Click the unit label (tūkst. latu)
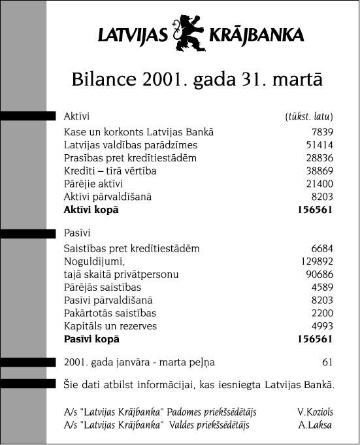[x=309, y=117]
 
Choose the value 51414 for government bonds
[x=319, y=145]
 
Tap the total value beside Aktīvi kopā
[x=315, y=210]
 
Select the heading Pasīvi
[x=77, y=233]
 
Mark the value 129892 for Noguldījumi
[x=317, y=261]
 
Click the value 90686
[x=319, y=274]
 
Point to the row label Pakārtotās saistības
[x=110, y=314]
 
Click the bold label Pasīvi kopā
[x=91, y=339]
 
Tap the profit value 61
[x=328, y=361]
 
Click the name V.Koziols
[x=314, y=412]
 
